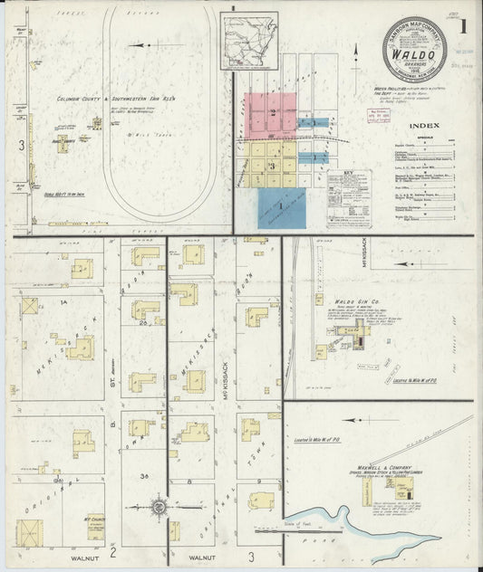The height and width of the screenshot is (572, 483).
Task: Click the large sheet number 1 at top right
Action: click(x=462, y=27)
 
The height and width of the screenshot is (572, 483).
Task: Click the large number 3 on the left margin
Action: click(x=21, y=145)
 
